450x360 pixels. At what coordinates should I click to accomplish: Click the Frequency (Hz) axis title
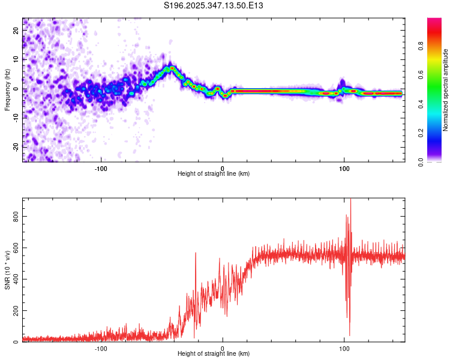point(7,90)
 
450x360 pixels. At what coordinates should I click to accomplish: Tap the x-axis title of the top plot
point(214,173)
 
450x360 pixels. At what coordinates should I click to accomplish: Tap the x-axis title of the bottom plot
point(214,353)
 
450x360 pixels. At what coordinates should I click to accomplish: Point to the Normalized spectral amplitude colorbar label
point(446,90)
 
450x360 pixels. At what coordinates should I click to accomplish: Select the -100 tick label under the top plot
point(101,168)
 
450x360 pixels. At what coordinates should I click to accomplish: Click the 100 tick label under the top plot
point(344,168)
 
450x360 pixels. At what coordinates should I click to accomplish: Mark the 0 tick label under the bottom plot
point(223,348)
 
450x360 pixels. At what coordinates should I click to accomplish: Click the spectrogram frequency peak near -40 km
point(172,68)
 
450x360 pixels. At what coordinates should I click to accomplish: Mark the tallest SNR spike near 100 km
point(350,199)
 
